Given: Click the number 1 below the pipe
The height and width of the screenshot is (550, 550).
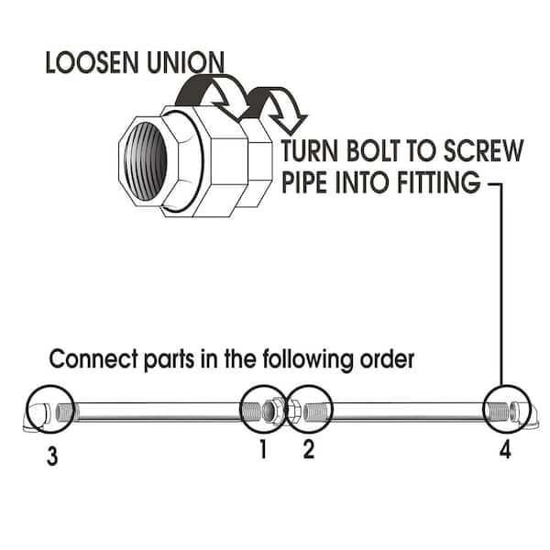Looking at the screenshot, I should tap(261, 450).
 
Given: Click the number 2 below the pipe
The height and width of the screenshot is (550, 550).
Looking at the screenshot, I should tap(308, 450).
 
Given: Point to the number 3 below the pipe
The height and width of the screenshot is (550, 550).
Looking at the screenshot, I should tap(52, 455).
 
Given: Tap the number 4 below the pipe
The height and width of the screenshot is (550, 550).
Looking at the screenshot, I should tap(504, 450).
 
